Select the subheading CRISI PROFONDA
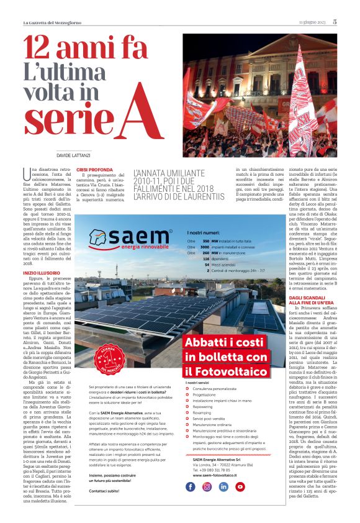94,169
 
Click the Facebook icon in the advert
191,486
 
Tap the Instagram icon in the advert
207,486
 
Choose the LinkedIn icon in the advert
223,486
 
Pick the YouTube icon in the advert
240,486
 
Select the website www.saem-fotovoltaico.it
215,475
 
